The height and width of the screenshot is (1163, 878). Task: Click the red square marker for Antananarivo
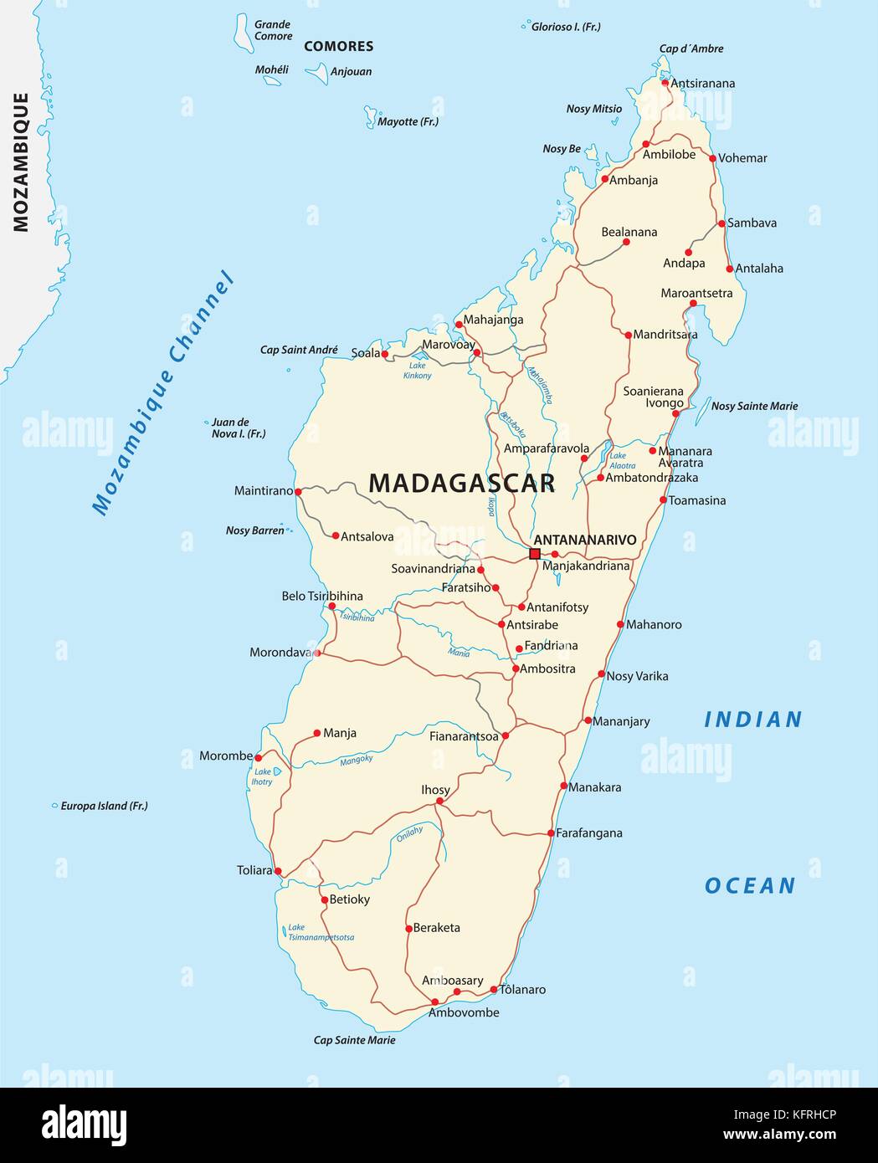tap(535, 554)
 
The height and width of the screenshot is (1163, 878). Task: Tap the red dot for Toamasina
tap(663, 500)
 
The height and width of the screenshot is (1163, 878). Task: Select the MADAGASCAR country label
tap(461, 484)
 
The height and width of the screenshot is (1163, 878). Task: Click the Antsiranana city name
tap(703, 83)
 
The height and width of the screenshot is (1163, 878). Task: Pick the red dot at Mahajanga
tap(459, 325)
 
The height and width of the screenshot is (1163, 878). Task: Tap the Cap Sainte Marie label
tap(354, 1040)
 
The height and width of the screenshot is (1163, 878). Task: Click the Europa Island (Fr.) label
tap(104, 806)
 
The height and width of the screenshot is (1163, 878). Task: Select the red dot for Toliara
tap(278, 871)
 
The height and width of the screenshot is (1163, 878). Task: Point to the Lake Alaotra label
tap(621, 461)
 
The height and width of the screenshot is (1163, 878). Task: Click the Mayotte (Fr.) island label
tap(408, 121)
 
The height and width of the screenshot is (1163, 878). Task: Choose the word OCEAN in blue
tap(750, 886)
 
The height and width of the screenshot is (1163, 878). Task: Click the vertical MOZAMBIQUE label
tap(21, 161)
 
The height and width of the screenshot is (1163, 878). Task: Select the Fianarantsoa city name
tap(464, 737)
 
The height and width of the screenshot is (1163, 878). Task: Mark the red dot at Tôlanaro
tap(494, 990)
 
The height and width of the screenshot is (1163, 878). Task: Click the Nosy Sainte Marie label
tap(754, 406)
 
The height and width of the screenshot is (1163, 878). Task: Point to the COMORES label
tap(338, 47)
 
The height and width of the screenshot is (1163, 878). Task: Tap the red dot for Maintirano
tap(299, 491)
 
